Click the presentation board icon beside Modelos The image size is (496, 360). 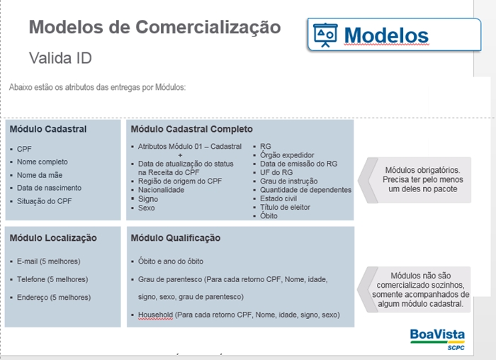[325, 35]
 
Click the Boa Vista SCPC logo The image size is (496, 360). [437, 339]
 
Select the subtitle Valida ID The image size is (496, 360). [60, 58]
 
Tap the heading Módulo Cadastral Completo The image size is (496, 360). [192, 129]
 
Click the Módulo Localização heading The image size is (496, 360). [53, 238]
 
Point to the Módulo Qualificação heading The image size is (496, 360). [176, 238]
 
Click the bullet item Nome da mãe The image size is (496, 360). [40, 175]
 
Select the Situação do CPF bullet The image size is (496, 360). [44, 201]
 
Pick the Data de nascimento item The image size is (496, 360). [49, 188]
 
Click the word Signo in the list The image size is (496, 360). [148, 199]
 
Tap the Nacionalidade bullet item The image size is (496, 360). [161, 190]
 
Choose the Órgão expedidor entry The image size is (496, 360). [287, 155]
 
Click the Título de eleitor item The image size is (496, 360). [285, 207]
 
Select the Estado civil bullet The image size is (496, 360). [278, 198]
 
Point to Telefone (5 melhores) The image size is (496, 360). [52, 279]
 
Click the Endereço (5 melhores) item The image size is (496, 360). [54, 298]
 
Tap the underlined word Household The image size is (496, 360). [155, 315]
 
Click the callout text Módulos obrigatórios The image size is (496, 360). [422, 170]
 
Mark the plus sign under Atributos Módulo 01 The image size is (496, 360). [180, 155]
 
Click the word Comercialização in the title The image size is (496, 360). [208, 27]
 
